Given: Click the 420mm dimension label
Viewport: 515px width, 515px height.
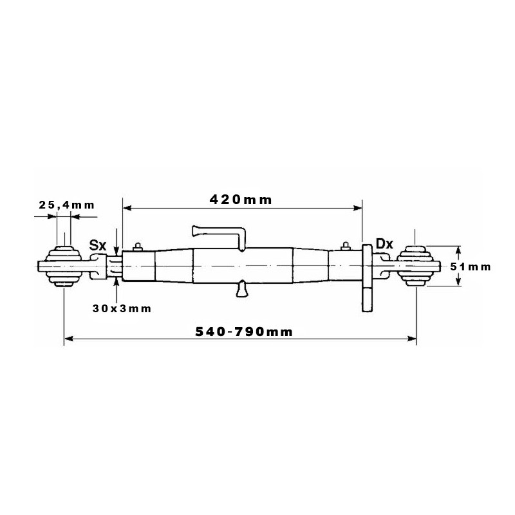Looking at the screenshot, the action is point(241,200).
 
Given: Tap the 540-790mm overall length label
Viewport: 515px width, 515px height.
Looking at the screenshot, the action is point(244,332).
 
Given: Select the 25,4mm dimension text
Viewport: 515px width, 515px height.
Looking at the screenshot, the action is point(67,205).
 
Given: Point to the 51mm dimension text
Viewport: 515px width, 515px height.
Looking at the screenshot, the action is point(471,267).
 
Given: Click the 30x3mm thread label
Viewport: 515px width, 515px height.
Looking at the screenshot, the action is point(122,308).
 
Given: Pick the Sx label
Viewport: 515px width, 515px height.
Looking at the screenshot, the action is point(98,245).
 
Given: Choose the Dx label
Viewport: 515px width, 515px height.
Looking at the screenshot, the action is point(384,244).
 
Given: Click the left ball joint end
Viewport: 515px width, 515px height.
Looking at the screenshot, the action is point(63,266).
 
